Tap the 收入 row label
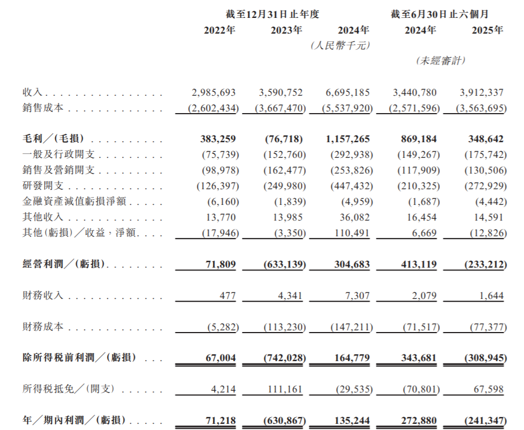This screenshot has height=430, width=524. [x=31, y=92]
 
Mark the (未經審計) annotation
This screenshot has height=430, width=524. [x=440, y=60]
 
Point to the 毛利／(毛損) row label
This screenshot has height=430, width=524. [x=55, y=139]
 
